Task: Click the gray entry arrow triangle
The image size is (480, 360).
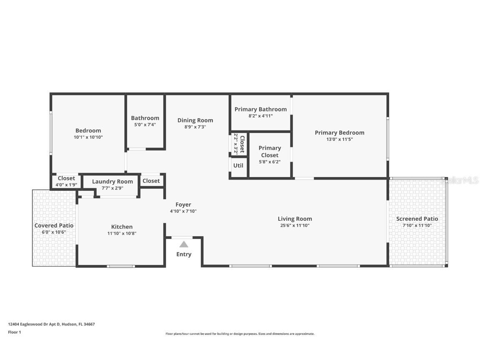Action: point(184,244)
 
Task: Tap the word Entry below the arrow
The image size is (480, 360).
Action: point(184,254)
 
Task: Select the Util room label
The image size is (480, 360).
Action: point(238,165)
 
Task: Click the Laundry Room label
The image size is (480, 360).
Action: point(112,181)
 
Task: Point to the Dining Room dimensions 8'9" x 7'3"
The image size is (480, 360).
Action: point(195,127)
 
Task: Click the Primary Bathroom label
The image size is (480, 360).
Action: point(260,109)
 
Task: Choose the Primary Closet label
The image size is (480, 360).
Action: point(270,152)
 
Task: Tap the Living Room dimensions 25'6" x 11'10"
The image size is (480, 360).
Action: point(295,225)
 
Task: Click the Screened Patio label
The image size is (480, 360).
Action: point(417,219)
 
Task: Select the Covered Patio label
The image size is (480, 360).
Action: point(54,225)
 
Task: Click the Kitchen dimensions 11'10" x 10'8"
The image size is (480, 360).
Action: point(122,233)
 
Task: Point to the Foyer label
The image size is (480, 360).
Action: point(183,205)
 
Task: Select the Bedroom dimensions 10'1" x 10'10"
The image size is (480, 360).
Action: point(88,137)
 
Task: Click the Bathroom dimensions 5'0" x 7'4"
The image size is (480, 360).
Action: point(145,125)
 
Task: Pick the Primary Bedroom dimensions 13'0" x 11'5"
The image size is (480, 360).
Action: point(340,140)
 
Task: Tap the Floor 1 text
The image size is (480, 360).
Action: point(14,332)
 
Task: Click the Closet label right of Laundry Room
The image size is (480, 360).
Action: point(151,181)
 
